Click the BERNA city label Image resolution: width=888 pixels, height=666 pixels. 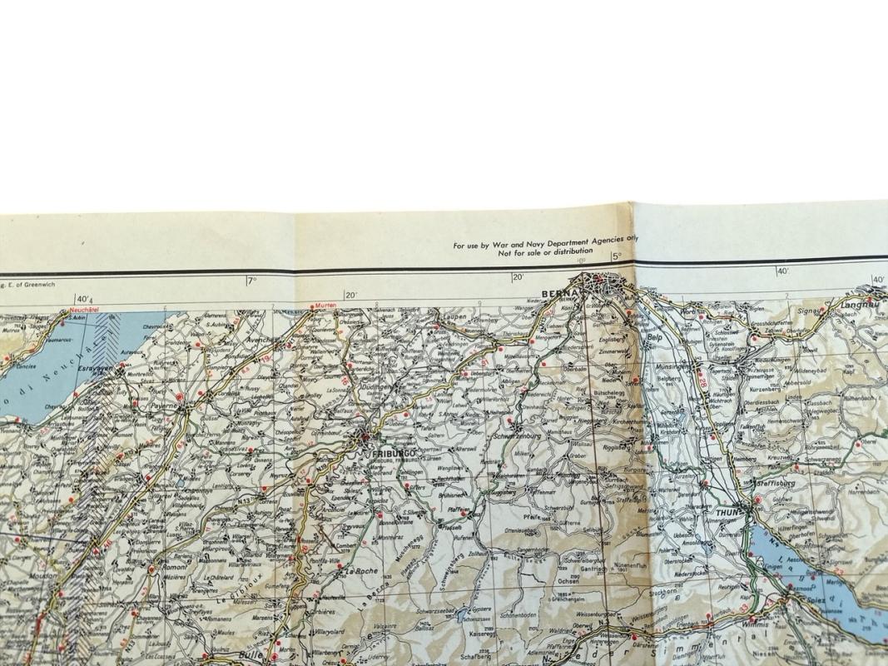[554, 293]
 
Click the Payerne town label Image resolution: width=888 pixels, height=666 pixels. [164, 406]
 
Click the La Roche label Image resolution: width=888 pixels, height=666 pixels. [362, 572]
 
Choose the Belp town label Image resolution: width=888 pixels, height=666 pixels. [654, 338]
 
